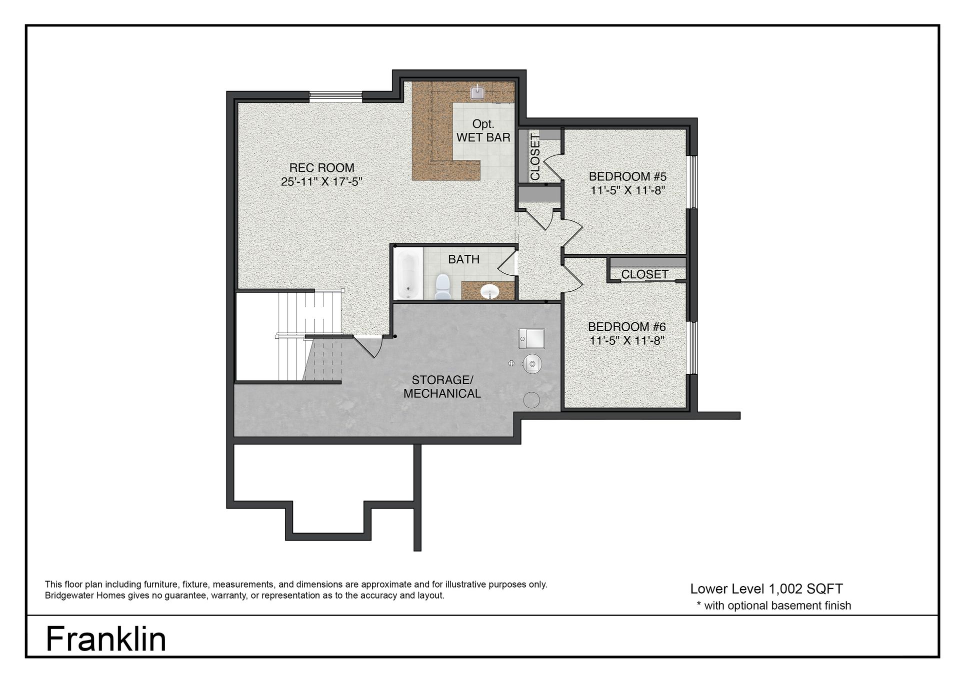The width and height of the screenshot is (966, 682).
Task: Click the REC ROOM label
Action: pos(321,168)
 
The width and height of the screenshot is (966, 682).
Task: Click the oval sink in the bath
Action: pos(489,291)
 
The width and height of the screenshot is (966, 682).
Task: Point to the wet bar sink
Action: pos(476,92)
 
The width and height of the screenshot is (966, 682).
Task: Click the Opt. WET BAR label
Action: pos(483,130)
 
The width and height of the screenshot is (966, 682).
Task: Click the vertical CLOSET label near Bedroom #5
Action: pos(535,157)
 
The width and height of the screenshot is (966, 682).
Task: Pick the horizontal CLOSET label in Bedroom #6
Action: pos(644,274)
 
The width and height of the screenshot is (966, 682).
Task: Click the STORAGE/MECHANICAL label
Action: pos(442,387)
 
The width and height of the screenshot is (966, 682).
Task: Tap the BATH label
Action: pos(463,259)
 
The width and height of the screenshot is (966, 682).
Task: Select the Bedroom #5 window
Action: pos(693,182)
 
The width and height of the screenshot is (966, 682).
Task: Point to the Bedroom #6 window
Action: pos(693,348)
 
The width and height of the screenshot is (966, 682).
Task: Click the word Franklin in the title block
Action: pos(106,639)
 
